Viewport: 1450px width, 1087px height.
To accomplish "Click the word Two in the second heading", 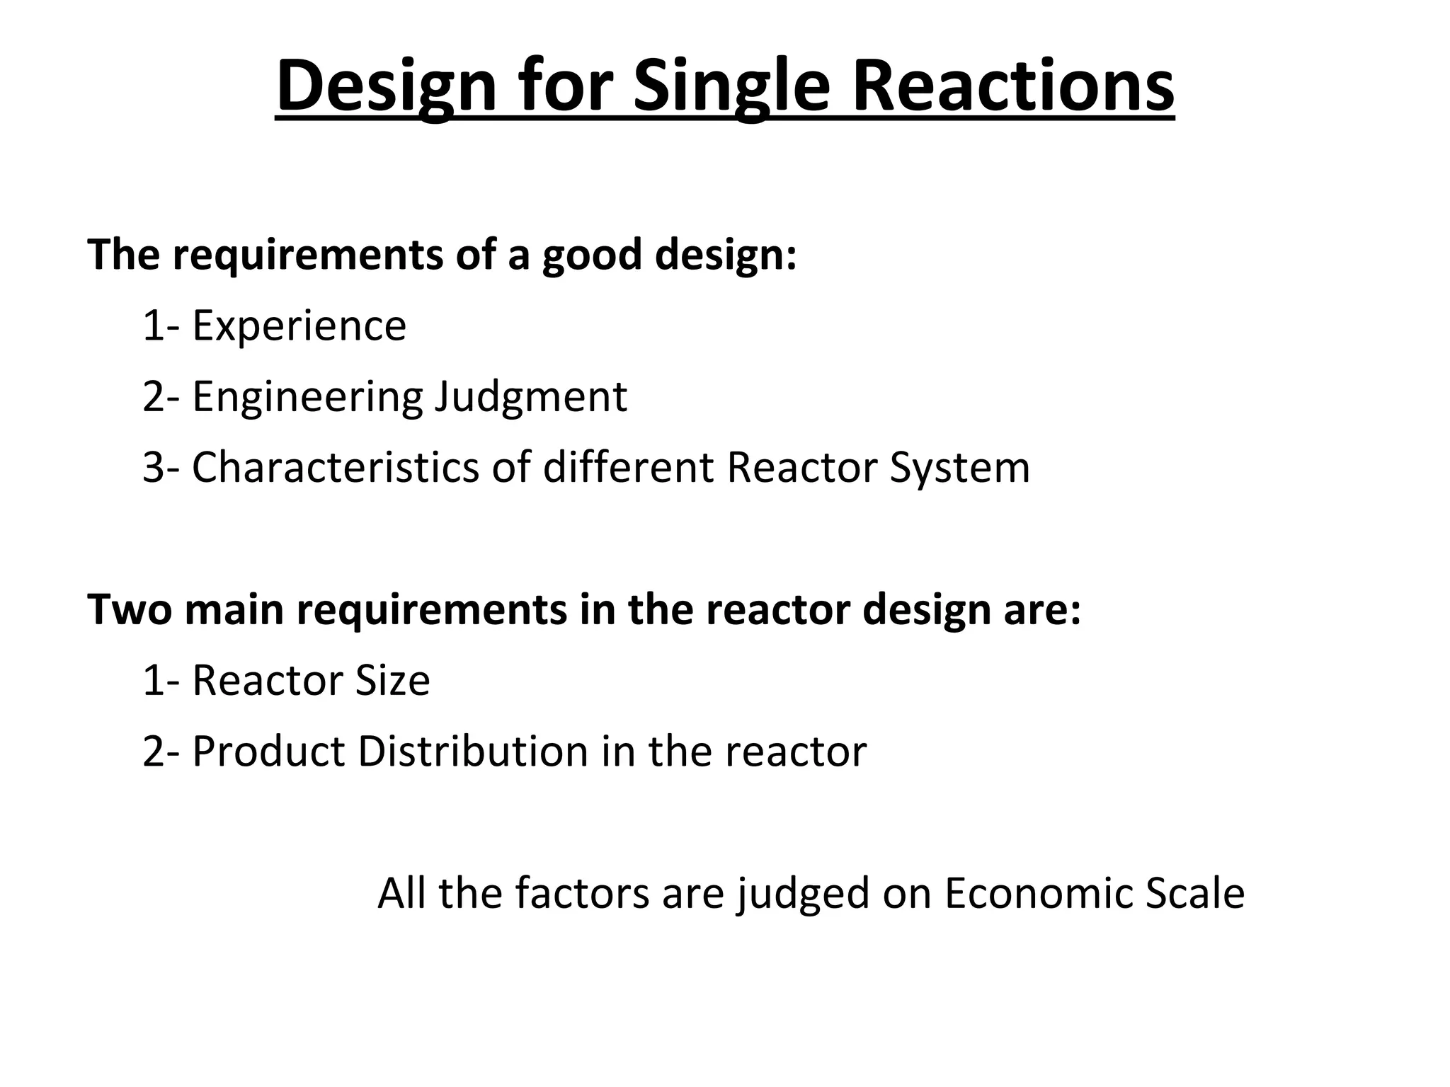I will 130,609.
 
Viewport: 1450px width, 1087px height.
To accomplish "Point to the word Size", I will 392,680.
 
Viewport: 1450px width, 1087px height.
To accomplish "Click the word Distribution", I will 473,751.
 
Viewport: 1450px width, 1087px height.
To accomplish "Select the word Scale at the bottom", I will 1195,893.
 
